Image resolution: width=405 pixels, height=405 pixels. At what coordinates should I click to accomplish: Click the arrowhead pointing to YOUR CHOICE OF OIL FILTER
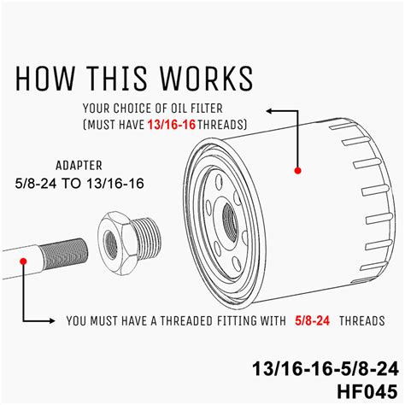point(269,110)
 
